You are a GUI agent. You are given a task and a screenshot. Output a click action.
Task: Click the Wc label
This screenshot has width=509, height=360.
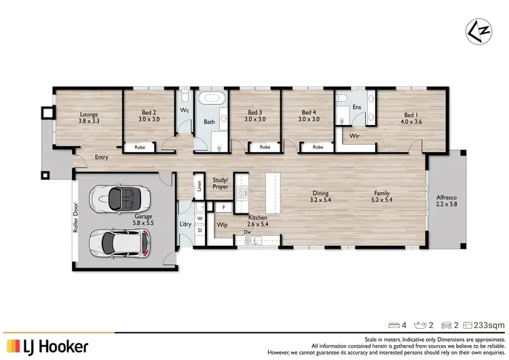tap(184, 110)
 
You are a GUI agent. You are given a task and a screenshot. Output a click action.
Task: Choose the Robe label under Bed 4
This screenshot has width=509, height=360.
tap(317, 146)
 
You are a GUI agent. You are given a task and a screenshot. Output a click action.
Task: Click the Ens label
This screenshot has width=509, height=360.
tap(356, 107)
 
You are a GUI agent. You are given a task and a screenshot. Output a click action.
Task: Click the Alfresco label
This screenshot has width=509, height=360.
tap(446, 197)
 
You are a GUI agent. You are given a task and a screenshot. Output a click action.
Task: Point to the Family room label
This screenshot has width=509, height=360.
tap(383, 192)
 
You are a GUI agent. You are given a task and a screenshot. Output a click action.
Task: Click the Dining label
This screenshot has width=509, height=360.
tap(320, 192)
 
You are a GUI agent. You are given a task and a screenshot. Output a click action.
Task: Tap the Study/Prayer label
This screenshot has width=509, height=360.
tap(221, 183)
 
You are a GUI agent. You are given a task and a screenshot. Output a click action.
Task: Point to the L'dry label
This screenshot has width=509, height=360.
tap(185, 224)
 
